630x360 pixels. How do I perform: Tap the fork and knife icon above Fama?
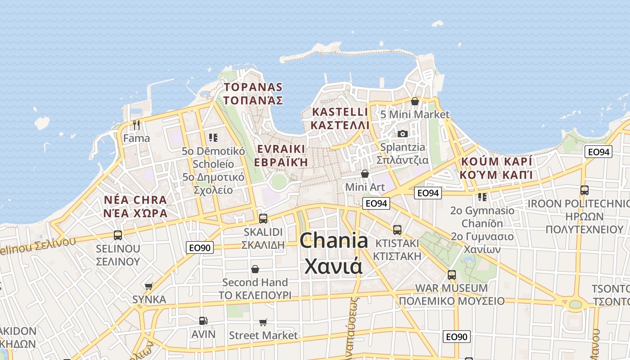click(137, 124)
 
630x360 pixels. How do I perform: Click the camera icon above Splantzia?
click(403, 134)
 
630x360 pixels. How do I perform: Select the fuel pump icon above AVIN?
click(203, 321)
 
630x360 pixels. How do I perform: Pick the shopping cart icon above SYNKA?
click(149, 286)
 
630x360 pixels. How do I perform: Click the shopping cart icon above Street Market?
click(263, 322)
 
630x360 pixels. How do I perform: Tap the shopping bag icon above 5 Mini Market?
click(415, 101)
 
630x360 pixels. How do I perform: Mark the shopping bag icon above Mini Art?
click(365, 173)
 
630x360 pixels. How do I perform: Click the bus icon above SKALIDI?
click(263, 219)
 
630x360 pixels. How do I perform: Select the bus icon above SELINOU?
click(118, 235)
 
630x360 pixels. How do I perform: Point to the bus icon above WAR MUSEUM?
click(452, 274)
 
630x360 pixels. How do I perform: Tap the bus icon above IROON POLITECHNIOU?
click(585, 190)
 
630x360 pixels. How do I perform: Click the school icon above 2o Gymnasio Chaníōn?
click(482, 197)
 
